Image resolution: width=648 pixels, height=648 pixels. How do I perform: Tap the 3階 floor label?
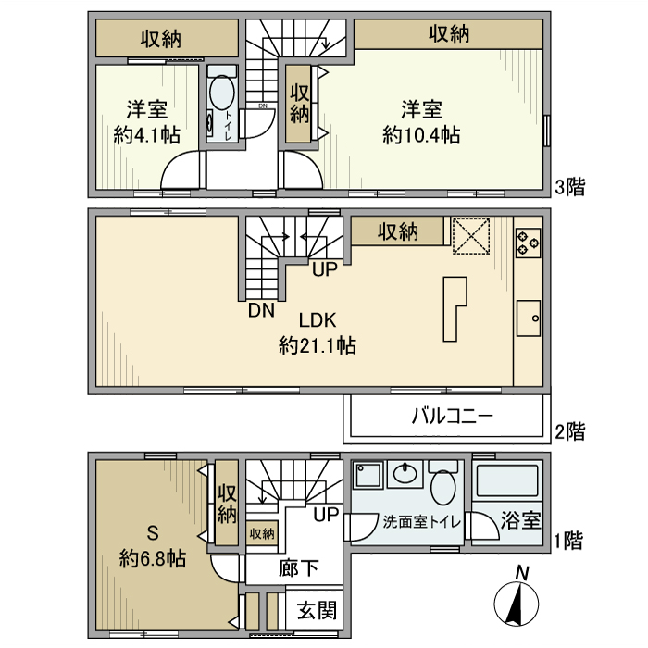[x=569, y=188]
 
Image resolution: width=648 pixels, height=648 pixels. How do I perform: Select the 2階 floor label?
[x=569, y=430]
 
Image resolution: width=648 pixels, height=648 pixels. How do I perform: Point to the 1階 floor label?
[x=569, y=542]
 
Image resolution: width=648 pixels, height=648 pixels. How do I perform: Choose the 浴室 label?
[x=521, y=520]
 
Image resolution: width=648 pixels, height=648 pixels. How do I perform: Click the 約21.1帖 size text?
[x=318, y=346]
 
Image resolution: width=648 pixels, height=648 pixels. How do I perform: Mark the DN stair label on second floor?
[x=260, y=311]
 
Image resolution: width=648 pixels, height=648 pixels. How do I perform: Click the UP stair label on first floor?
[x=325, y=514]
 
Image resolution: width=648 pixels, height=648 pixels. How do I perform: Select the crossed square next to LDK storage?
[x=470, y=234]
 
